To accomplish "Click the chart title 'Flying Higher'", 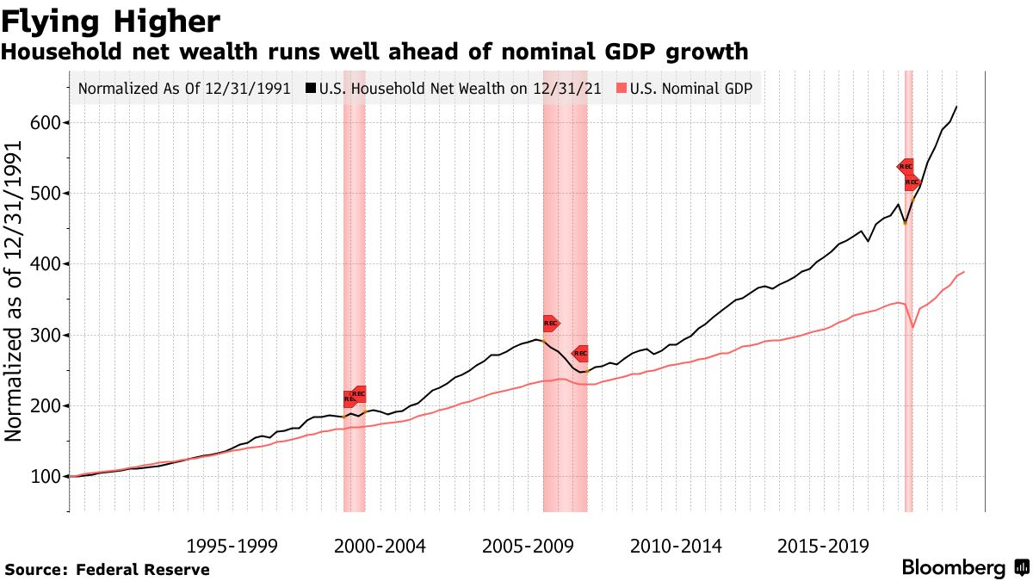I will (111, 20).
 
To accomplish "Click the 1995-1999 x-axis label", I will (232, 546).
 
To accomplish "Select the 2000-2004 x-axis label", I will (380, 546).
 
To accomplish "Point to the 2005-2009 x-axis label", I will (528, 546).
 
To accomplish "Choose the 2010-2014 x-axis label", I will (677, 546).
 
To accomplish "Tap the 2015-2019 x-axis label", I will (824, 546).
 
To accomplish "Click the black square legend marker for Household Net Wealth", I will (311, 89).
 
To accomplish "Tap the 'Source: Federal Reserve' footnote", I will (108, 569).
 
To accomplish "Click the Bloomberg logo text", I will (953, 568).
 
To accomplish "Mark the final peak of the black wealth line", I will (957, 107).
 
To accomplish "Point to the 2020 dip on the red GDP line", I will (912, 327).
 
